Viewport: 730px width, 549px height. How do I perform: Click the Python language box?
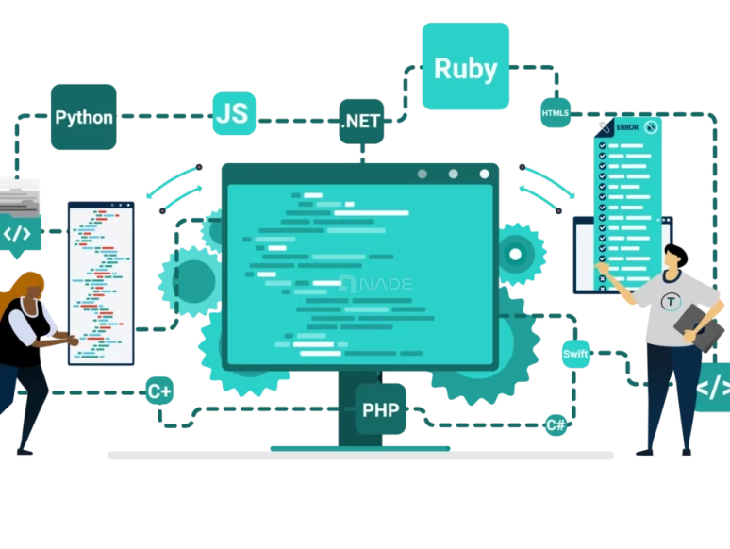pos(83,117)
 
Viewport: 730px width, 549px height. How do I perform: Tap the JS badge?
pos(234,113)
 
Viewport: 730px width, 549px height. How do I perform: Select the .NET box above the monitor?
pos(361,121)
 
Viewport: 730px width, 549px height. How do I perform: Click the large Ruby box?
pos(466,66)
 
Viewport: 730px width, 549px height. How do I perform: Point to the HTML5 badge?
pos(556,112)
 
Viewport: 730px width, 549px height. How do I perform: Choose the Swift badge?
pos(575,354)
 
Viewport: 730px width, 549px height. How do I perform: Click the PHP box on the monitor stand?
pos(380,409)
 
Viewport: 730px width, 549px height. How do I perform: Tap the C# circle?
pos(556,424)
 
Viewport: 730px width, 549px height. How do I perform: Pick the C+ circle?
pos(159,391)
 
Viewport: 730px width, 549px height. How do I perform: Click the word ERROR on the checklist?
pos(627,127)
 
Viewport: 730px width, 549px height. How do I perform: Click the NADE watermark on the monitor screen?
pos(376,284)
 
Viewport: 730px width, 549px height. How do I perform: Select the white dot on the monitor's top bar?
pos(484,174)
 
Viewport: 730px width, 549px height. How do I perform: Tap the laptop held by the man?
pos(699,328)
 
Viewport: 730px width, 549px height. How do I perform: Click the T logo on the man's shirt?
pos(671,302)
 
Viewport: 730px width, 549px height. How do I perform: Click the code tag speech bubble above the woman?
pos(19,235)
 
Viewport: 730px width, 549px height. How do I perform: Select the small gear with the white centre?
pos(516,255)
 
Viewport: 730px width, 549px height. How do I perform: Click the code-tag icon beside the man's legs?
pos(713,387)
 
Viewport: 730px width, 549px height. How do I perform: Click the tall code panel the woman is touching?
pos(101,283)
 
